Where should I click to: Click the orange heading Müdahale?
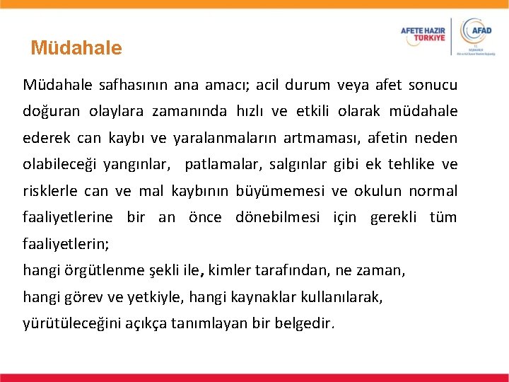pyautogui.click(x=76, y=48)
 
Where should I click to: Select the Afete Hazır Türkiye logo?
pyautogui.click(x=423, y=35)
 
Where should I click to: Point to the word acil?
pyautogui.click(x=267, y=86)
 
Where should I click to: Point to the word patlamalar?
pyautogui.click(x=221, y=165)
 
